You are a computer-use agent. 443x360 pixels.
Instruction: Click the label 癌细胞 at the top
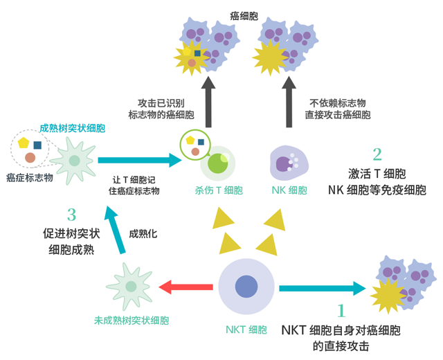tap(246, 13)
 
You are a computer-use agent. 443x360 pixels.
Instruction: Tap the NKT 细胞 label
tap(246, 329)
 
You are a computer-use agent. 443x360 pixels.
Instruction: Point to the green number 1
tap(341, 312)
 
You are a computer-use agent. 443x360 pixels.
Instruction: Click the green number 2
tap(377, 154)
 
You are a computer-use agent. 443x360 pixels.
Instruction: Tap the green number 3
tap(71, 215)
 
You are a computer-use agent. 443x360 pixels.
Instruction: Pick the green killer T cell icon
tap(217, 163)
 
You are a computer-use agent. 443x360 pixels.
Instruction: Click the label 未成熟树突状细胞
tap(132, 321)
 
